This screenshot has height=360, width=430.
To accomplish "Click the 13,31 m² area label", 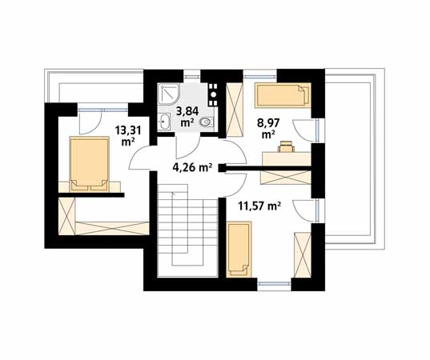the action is click(x=128, y=136).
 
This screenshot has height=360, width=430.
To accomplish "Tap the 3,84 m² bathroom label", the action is click(x=187, y=117).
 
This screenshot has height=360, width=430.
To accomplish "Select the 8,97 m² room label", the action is click(x=268, y=128).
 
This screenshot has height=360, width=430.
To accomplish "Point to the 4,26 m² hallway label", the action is click(x=192, y=166).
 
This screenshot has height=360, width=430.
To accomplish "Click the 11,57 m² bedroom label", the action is click(x=259, y=206).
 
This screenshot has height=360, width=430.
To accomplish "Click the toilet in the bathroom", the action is click(x=207, y=122).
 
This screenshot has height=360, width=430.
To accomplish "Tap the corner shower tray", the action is click(x=169, y=94).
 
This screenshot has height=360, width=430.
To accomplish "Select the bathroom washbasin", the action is click(x=164, y=122).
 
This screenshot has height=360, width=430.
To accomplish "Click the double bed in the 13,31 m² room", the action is click(x=90, y=164).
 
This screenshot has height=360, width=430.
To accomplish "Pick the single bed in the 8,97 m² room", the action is click(x=283, y=94).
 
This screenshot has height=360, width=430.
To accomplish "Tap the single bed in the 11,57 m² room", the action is click(x=239, y=249).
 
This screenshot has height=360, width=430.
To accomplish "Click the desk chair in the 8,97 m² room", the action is click(x=287, y=146).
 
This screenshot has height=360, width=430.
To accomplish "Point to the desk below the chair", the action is click(x=287, y=159).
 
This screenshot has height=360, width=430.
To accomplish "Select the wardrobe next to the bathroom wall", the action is click(x=235, y=110).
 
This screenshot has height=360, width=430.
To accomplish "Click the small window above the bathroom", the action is click(x=191, y=77).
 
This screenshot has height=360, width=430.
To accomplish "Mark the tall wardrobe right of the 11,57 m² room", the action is click(x=303, y=255).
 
